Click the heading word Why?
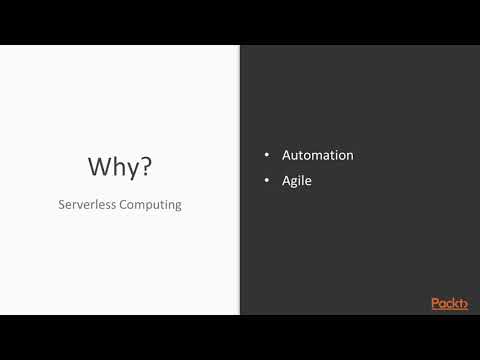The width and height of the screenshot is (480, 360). (120, 166)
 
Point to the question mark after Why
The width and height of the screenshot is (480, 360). (147, 166)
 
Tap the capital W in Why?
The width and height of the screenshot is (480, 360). (98, 166)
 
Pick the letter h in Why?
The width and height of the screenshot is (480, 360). (119, 166)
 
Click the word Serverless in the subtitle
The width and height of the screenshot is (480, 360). (85, 205)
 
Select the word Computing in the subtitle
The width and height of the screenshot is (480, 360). (150, 206)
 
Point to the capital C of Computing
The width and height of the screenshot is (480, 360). (123, 205)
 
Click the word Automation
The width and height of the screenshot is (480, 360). (318, 156)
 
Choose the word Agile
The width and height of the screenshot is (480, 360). (298, 182)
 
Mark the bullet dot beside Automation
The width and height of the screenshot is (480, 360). (267, 156)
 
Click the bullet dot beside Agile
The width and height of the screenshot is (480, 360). (267, 182)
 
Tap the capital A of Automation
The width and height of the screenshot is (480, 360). (287, 156)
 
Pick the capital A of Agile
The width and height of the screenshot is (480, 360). (287, 181)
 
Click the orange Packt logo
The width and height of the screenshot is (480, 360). (449, 303)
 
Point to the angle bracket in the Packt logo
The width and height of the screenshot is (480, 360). (464, 304)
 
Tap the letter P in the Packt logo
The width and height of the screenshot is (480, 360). (435, 303)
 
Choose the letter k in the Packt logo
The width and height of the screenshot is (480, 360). (454, 303)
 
